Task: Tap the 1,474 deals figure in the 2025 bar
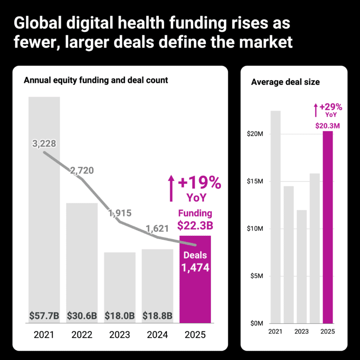click(x=195, y=268)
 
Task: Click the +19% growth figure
click(x=199, y=182)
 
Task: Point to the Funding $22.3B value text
click(x=195, y=225)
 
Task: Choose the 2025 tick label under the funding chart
click(x=195, y=336)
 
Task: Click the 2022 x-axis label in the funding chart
click(x=82, y=336)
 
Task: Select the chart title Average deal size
click(x=285, y=82)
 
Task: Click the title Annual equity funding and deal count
click(x=96, y=80)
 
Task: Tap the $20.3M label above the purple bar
click(x=328, y=125)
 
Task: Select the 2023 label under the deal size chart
click(x=302, y=332)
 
